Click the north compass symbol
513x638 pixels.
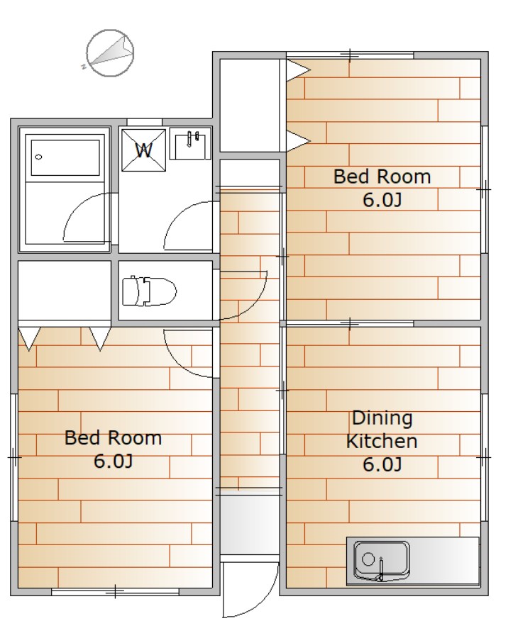click(110, 53)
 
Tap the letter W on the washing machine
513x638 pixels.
click(144, 150)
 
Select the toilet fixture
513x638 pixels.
click(149, 291)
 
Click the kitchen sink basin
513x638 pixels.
click(382, 560)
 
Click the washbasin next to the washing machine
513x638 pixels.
click(190, 144)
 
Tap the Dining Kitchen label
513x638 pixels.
click(382, 430)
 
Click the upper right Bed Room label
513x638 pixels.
click(382, 177)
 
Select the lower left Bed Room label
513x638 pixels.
click(114, 438)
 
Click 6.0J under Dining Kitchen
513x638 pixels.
click(382, 464)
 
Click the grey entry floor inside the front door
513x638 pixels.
click(249, 525)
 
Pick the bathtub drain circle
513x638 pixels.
click(39, 157)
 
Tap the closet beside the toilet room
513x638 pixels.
click(65, 291)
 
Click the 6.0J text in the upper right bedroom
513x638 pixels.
click(382, 200)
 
